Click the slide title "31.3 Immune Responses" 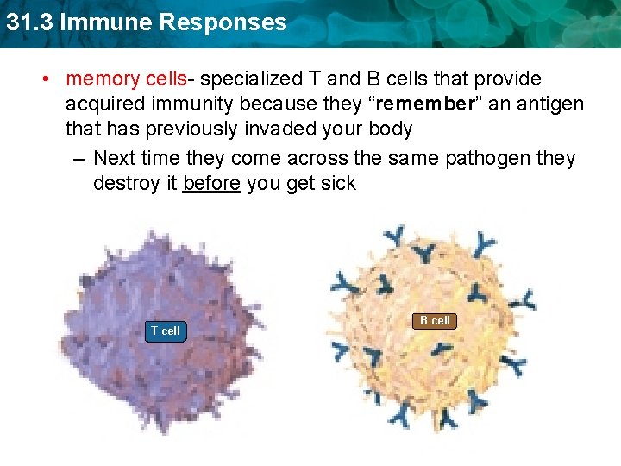pos(145,22)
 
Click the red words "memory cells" pos(126,79)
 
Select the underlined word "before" pos(211,184)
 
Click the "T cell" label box pos(165,331)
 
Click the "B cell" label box pos(435,321)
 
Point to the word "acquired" pos(105,104)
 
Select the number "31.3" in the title pos(27,22)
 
